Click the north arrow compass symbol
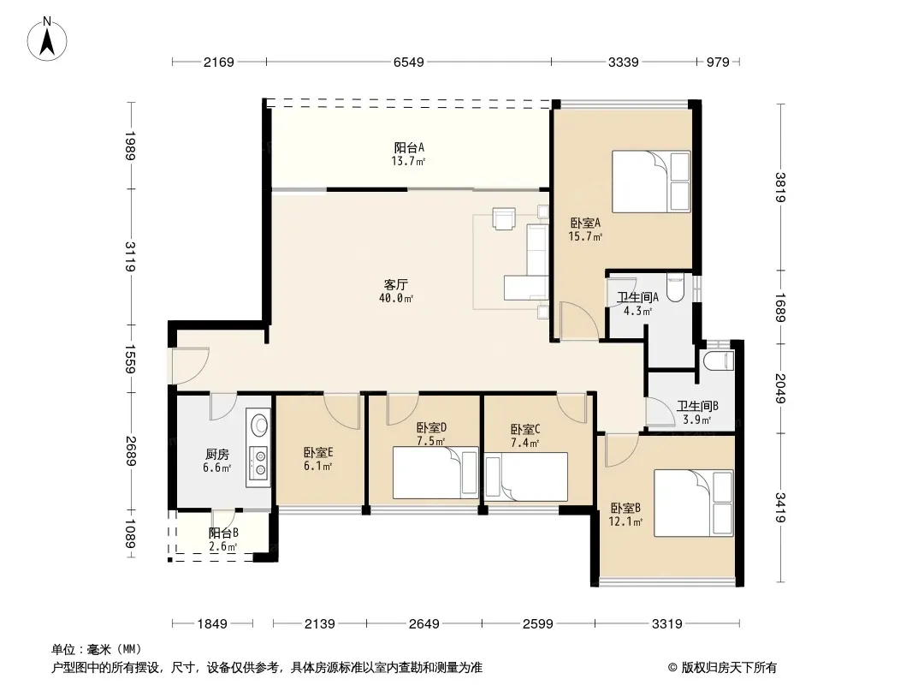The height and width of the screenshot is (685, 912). (x=47, y=39)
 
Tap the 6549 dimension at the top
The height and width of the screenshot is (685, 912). (x=408, y=62)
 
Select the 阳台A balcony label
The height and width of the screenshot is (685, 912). (x=408, y=148)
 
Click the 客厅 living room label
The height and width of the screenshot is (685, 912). (x=395, y=284)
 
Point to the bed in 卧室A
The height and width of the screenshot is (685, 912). (x=651, y=182)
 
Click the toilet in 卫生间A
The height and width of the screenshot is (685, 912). (x=675, y=288)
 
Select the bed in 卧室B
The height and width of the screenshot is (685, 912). (x=693, y=503)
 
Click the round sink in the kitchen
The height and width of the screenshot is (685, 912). (x=258, y=424)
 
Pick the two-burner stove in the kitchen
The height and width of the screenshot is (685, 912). (x=258, y=462)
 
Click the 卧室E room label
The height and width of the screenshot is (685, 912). (x=318, y=452)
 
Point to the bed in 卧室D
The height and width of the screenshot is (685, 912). (x=435, y=473)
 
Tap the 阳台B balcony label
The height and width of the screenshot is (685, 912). (x=223, y=533)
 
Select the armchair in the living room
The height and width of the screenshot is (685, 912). (x=503, y=218)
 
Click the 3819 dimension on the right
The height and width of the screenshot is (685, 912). (x=780, y=188)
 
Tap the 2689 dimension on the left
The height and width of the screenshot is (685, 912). (x=132, y=451)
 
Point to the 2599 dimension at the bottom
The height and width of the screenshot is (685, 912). (x=537, y=624)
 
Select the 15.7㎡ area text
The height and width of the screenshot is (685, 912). (x=585, y=236)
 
